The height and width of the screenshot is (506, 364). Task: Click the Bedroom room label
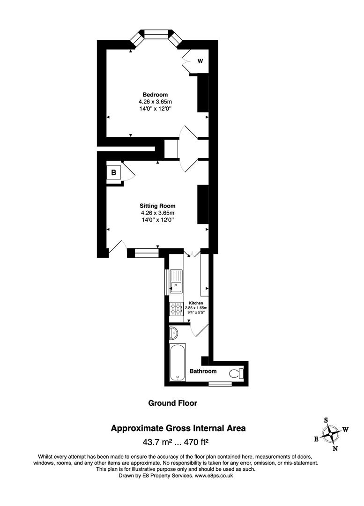[x=155, y=95]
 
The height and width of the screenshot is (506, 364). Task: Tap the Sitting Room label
[x=157, y=206]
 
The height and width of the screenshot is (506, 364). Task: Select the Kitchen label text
[x=196, y=303]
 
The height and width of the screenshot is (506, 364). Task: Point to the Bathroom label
[x=203, y=371]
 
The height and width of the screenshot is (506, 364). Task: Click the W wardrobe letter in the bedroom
[x=200, y=61]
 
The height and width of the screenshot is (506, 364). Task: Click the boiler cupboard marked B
[x=113, y=173]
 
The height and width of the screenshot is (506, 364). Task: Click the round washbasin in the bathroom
[x=173, y=333]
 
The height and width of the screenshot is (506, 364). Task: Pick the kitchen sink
[x=177, y=282]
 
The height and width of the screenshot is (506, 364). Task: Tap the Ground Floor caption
[x=172, y=403]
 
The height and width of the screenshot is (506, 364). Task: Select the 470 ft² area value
[x=195, y=441]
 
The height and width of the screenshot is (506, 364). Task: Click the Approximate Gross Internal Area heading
[x=178, y=428]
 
